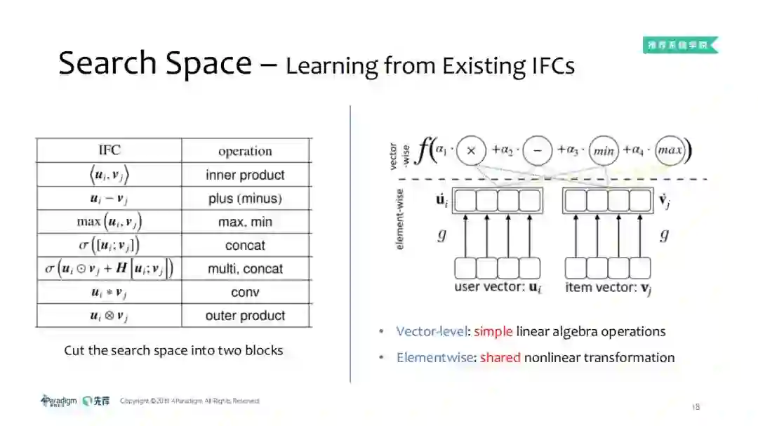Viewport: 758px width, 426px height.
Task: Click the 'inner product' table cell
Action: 245,175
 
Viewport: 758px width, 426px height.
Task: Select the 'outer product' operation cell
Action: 245,316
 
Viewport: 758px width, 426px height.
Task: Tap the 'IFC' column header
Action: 109,150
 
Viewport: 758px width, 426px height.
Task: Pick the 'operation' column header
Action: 245,151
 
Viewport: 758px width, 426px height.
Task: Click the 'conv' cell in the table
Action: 245,292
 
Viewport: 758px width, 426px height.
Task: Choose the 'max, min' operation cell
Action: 245,222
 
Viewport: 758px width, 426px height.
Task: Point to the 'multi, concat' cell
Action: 245,269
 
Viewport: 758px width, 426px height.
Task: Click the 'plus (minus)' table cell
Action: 245,199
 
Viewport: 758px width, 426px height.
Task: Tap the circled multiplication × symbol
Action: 472,150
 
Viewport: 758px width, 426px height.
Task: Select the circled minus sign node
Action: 538,150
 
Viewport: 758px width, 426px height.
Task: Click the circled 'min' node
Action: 603,150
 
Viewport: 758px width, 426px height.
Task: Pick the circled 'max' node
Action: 670,150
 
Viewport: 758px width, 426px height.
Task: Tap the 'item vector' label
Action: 607,287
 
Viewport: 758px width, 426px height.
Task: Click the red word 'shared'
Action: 500,357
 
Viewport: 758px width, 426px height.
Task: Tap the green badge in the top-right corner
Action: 680,46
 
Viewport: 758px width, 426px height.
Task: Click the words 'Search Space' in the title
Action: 154,63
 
